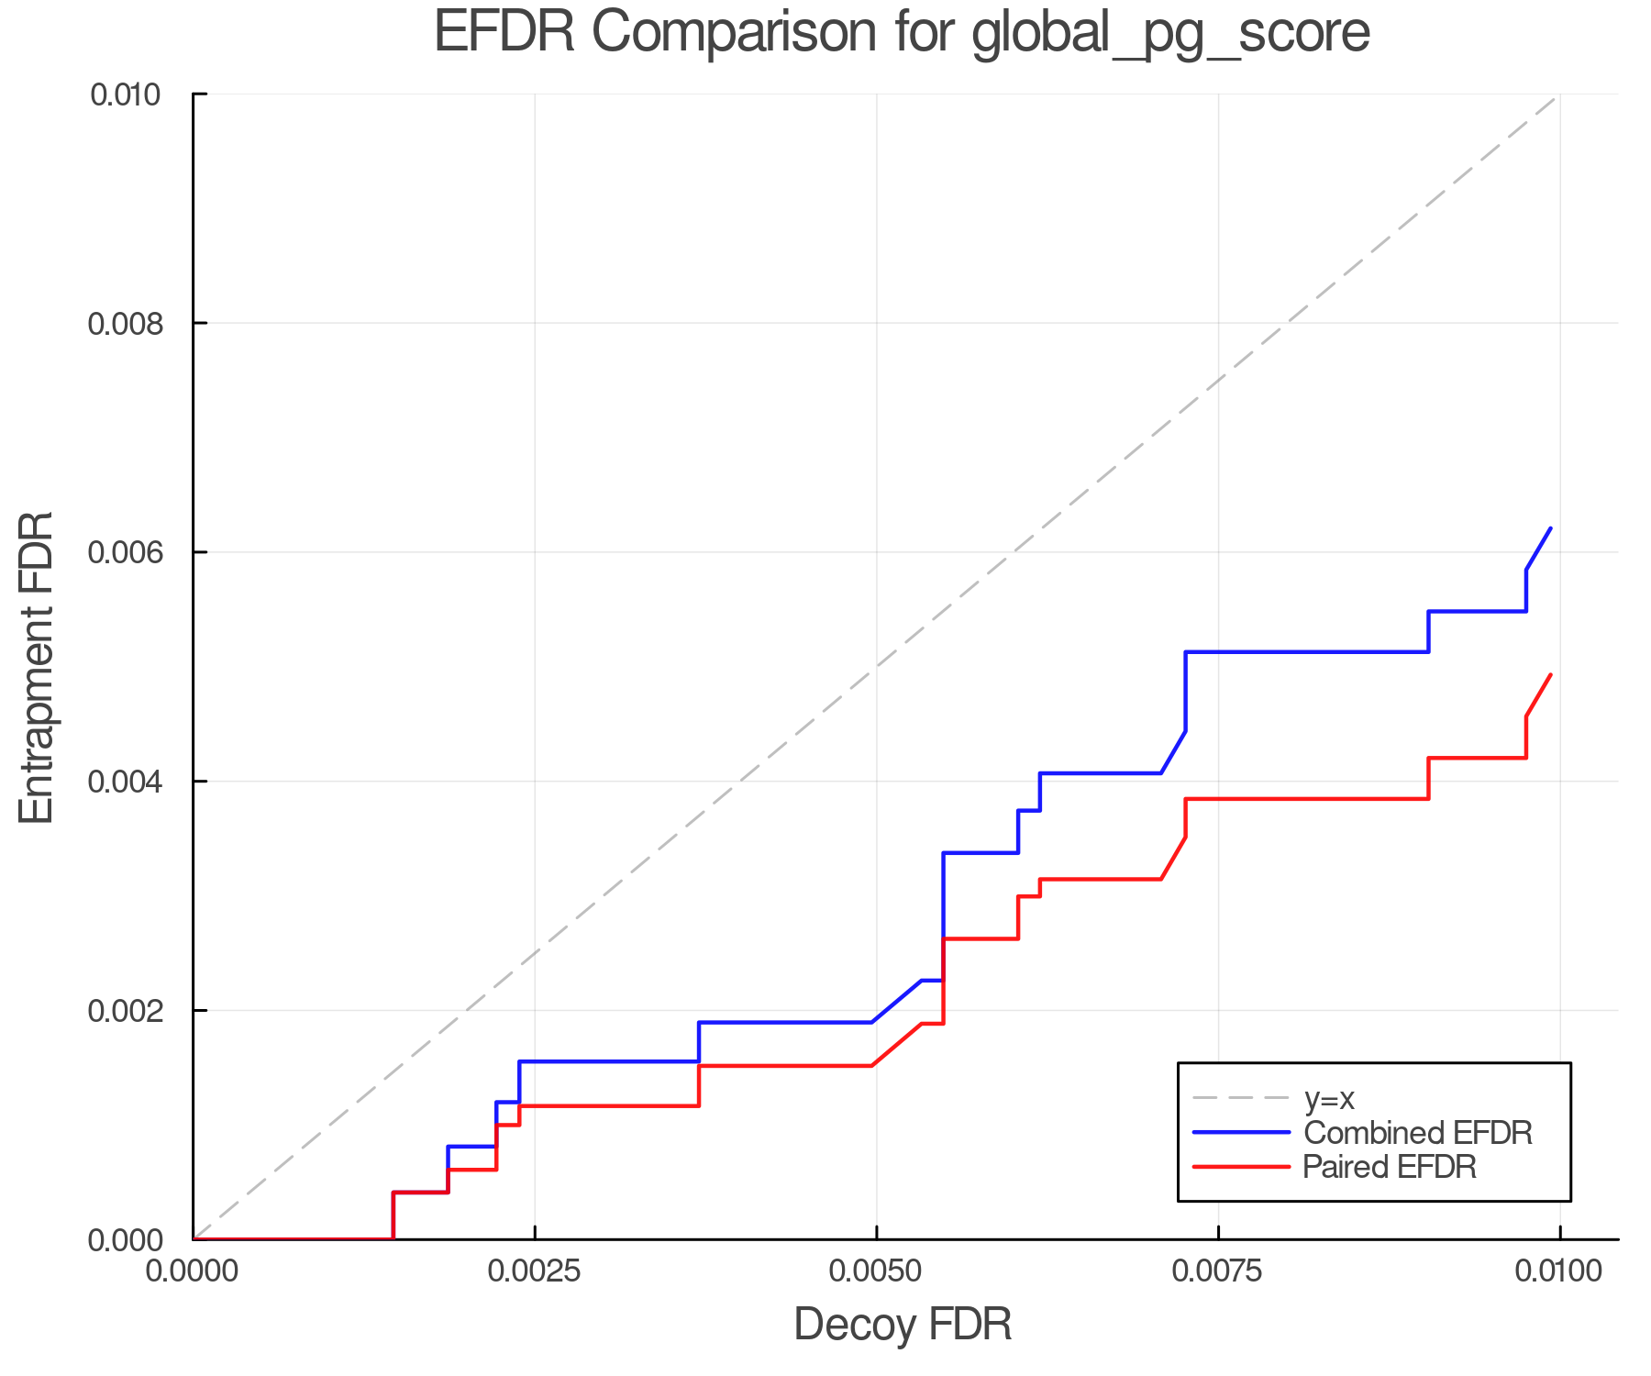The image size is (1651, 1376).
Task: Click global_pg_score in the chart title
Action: click(1170, 33)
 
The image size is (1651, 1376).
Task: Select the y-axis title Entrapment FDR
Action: click(37, 667)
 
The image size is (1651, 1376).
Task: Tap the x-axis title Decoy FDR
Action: click(903, 1325)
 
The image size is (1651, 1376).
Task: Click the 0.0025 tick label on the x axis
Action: click(535, 1271)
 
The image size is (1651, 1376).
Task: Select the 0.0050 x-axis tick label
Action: click(877, 1271)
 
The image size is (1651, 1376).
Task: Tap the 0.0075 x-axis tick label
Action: click(1218, 1271)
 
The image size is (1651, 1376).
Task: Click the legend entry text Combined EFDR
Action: click(1418, 1133)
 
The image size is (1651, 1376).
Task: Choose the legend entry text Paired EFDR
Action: click(1390, 1167)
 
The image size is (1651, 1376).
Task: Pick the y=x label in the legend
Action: click(1329, 1098)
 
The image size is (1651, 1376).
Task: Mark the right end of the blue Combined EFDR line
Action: click(1550, 528)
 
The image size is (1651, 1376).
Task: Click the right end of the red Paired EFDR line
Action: click(1550, 675)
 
